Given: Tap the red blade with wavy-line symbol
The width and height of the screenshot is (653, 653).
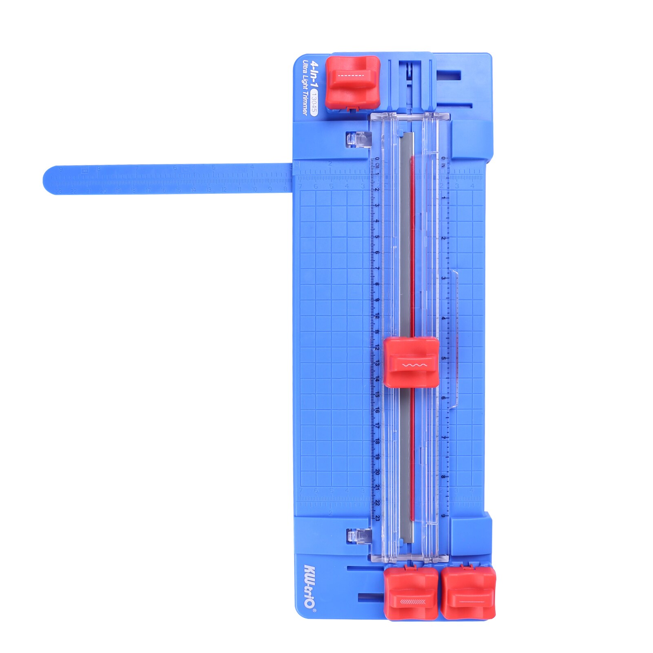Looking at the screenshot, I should coord(411,363).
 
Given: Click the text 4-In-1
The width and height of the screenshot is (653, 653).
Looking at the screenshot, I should coord(314,73).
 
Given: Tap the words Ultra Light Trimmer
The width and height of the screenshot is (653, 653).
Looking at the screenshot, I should coord(305,87).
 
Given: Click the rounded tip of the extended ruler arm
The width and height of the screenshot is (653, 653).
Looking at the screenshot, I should coord(51,180).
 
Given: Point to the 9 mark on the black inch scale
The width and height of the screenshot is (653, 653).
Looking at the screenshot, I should coord(443,516).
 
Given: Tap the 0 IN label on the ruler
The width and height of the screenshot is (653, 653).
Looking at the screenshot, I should coord(443,162).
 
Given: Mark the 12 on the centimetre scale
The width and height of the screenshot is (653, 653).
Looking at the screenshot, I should coord(377,347).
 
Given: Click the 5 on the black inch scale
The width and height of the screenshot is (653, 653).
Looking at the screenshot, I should coord(443,359).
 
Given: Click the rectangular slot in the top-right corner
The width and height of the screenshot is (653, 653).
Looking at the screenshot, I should coord(449,75).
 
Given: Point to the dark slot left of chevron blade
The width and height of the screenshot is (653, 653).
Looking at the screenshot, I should coord(370,598).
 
